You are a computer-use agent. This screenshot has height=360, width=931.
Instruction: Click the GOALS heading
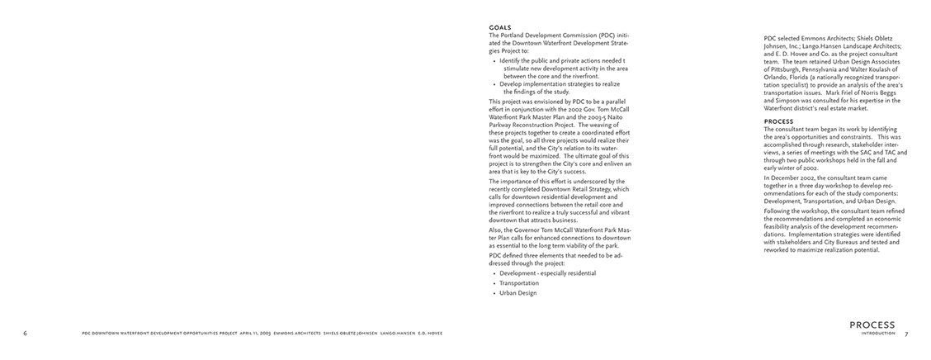tap(499, 28)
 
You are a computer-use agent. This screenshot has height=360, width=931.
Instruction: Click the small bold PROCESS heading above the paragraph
tap(778, 121)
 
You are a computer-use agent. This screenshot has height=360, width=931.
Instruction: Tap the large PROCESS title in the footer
tap(871, 325)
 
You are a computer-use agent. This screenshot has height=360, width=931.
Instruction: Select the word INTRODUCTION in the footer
tap(877, 334)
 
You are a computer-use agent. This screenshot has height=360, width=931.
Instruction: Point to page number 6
tap(26, 334)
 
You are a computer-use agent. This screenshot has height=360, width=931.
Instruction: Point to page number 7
tap(905, 334)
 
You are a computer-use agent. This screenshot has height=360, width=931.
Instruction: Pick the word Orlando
tap(775, 77)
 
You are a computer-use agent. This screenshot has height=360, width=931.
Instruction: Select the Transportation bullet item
tap(519, 282)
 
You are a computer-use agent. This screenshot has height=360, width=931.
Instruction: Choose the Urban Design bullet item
tap(518, 292)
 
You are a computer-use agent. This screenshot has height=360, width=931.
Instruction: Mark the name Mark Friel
tap(851, 92)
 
